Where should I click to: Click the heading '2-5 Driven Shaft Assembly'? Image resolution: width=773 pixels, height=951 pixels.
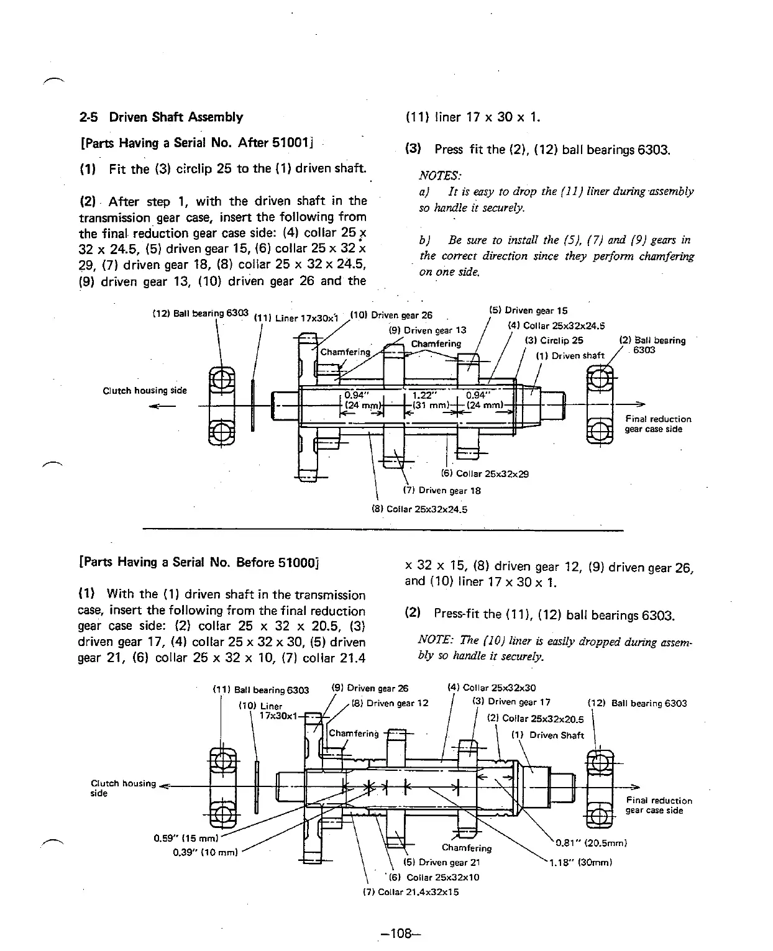(x=161, y=117)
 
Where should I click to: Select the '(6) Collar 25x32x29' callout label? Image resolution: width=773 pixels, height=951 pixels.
(x=484, y=473)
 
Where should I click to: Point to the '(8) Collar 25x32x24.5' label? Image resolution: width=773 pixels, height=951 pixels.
(x=419, y=509)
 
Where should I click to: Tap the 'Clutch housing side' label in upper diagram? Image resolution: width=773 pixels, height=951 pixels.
(x=144, y=390)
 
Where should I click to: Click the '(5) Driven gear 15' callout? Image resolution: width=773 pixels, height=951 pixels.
(x=528, y=311)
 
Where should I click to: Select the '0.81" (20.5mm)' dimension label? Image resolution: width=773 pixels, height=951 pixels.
(x=591, y=843)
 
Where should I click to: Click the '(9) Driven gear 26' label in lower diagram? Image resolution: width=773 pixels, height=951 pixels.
(x=371, y=688)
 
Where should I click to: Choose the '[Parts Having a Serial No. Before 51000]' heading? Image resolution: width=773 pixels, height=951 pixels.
(x=199, y=562)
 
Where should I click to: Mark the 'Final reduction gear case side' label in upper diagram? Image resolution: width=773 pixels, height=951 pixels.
(x=658, y=424)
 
